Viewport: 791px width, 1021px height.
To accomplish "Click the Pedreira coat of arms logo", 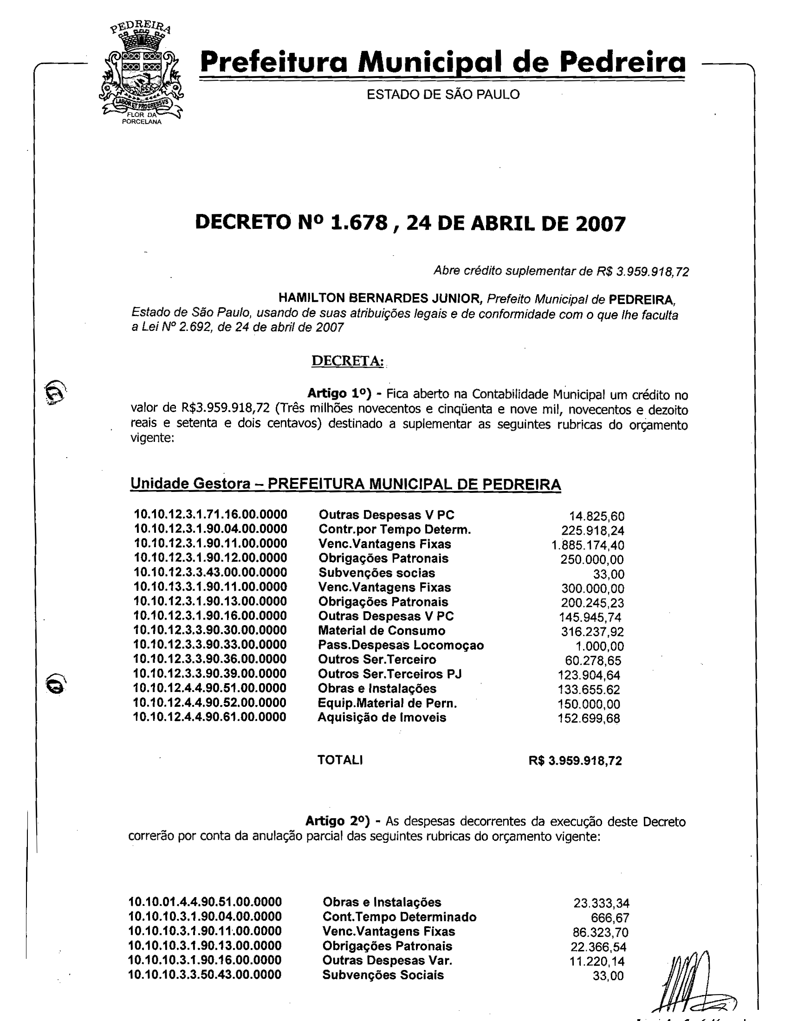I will click(x=141, y=74).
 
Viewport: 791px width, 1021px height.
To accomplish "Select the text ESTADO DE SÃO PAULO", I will click(x=443, y=94).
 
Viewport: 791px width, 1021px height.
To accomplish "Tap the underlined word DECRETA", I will click(x=347, y=361).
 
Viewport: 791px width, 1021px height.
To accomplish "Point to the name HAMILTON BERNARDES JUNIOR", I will click(x=380, y=298).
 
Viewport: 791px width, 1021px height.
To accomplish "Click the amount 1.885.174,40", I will click(x=588, y=545).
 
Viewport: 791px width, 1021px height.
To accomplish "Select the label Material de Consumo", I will click(x=382, y=631).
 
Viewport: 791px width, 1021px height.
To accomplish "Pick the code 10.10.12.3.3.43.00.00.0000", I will click(x=210, y=572).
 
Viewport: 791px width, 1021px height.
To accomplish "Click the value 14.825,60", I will click(x=596, y=516).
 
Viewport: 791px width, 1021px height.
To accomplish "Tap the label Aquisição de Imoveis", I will click(x=382, y=717).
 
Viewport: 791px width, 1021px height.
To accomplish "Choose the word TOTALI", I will click(x=340, y=760).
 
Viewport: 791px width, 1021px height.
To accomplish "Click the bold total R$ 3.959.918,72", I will click(x=575, y=761).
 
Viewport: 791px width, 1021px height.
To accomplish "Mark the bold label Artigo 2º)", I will click(x=337, y=821).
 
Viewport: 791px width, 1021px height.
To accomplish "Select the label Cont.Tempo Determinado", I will click(x=399, y=917).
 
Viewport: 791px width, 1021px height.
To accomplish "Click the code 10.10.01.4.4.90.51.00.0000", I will click(x=205, y=902).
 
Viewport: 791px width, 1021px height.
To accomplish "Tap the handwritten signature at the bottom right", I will click(x=692, y=982).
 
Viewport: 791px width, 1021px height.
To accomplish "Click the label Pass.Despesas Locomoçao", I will click(x=401, y=645).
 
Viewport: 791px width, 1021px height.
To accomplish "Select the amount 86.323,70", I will click(x=600, y=932).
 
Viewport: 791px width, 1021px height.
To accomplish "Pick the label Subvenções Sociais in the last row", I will click(x=383, y=975).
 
